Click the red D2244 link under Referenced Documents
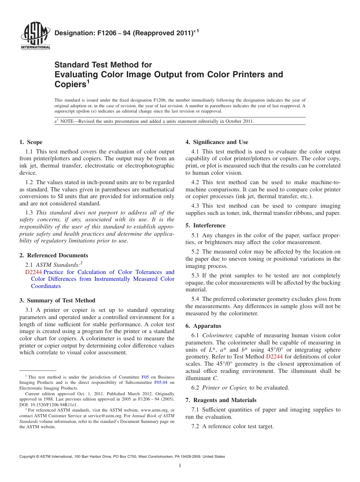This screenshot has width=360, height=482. [x=33, y=272]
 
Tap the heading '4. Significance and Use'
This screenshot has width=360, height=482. [x=217, y=142]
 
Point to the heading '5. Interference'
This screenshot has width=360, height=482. [x=205, y=225]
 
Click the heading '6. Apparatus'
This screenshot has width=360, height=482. [x=203, y=326]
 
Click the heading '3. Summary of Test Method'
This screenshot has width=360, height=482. [x=57, y=300]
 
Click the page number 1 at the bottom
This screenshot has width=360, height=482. [x=180, y=465]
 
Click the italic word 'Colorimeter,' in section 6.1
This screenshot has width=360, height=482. [x=218, y=335]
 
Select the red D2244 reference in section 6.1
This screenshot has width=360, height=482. [x=274, y=357]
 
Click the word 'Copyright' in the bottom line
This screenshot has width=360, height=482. [x=28, y=457]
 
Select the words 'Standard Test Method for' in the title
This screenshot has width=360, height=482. [x=103, y=65]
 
